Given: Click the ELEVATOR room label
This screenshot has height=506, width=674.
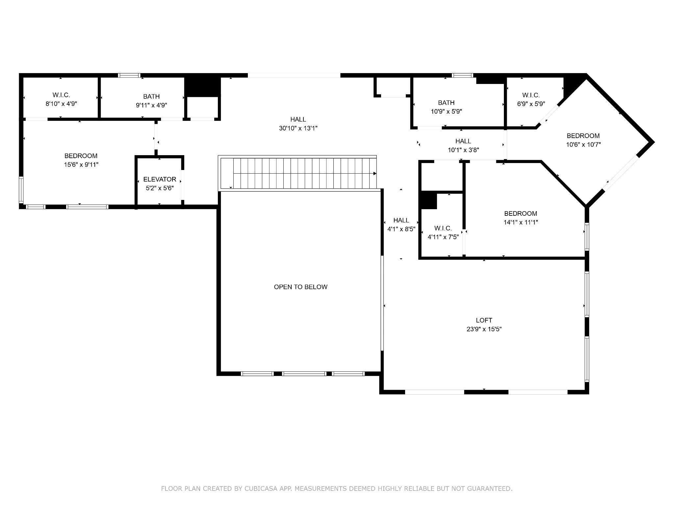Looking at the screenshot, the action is (160, 179).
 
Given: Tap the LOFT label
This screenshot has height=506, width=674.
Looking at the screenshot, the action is (484, 320).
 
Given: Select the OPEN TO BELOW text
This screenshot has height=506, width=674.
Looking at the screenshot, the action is (301, 287).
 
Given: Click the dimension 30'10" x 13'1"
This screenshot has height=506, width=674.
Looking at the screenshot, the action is (298, 128).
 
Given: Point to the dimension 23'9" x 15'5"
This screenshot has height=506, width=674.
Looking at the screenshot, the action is (484, 329).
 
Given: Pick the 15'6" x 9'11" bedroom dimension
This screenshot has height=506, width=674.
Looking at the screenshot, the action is (81, 165).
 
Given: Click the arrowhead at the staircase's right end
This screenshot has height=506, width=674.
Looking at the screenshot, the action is (375, 173).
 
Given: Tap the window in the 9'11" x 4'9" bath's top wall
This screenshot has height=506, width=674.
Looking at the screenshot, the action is (129, 75).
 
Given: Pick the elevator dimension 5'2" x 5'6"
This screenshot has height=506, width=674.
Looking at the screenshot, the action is (160, 188).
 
